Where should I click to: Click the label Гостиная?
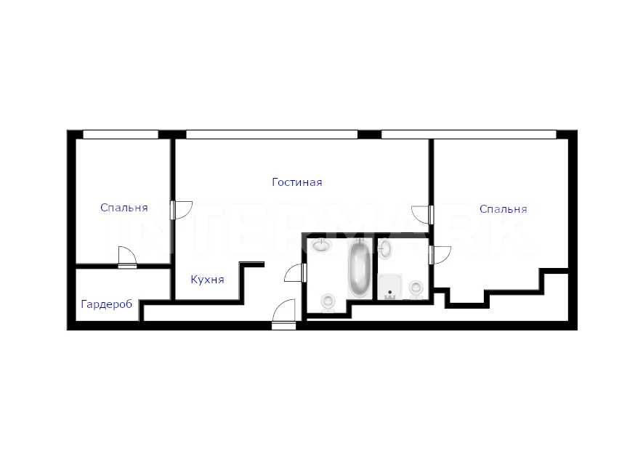tap(297, 182)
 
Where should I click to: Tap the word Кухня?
tap(208, 280)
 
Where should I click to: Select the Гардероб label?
tap(107, 304)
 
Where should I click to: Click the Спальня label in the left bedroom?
tap(124, 208)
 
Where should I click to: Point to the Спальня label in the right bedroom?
tap(504, 209)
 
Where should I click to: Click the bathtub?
tap(360, 269)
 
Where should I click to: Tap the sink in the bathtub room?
tap(321, 245)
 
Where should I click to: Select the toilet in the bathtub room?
tap(328, 303)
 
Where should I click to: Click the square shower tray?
tap(390, 286)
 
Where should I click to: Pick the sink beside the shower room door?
tap(384, 249)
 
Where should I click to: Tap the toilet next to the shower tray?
tap(416, 289)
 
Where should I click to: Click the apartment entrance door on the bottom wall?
tap(284, 314)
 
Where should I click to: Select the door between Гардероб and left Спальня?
tap(127, 257)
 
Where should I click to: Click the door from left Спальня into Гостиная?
tap(181, 210)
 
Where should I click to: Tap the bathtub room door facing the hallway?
tap(295, 272)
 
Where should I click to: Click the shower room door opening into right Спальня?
tap(440, 255)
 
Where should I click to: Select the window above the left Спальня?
tap(121, 134)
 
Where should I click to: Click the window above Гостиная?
tap(272, 134)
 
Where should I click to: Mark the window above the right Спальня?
tap(469, 134)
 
